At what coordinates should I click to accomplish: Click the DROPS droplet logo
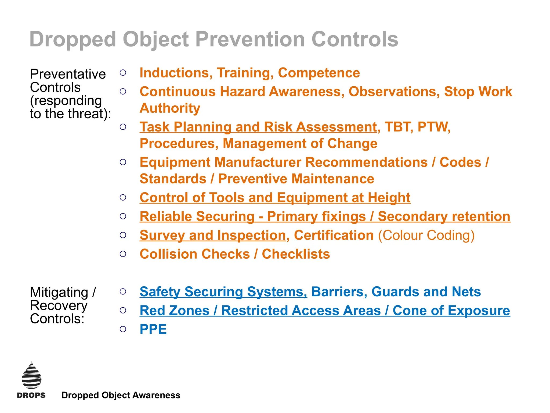pyautogui.click(x=31, y=376)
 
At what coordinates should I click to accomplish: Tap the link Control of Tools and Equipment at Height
pyautogui.click(x=275, y=198)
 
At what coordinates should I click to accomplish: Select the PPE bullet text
pyautogui.click(x=153, y=329)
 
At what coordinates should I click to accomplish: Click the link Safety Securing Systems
pyautogui.click(x=223, y=292)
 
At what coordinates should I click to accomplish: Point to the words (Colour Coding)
pyautogui.click(x=426, y=235)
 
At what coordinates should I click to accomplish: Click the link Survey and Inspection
pyautogui.click(x=213, y=235)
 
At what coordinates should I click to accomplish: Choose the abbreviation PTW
pyautogui.click(x=434, y=127)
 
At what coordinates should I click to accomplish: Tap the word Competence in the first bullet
pyautogui.click(x=319, y=73)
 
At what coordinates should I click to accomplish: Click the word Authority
pyautogui.click(x=170, y=108)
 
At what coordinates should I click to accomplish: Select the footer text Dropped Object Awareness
pyautogui.click(x=121, y=395)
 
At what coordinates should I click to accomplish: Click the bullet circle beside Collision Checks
pyautogui.click(x=123, y=254)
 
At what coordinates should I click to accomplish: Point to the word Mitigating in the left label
pyautogui.click(x=59, y=293)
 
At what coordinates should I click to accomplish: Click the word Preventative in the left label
pyautogui.click(x=68, y=74)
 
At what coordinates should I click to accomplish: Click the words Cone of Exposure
pyautogui.click(x=451, y=311)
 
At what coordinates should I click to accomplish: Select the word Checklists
pyautogui.click(x=296, y=254)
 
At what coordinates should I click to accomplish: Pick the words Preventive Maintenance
pyautogui.click(x=296, y=179)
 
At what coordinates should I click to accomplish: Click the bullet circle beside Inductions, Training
pyautogui.click(x=123, y=73)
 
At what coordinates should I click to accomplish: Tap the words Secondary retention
pyautogui.click(x=444, y=216)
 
